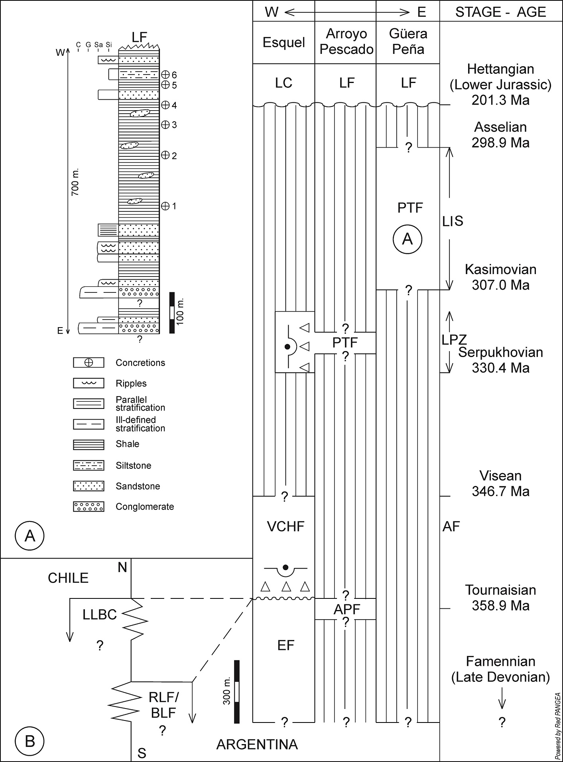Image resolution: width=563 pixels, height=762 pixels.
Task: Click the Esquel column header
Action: coord(283,42)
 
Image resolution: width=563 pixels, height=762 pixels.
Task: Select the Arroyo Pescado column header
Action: coord(346,41)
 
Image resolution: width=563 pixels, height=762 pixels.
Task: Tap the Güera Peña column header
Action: coord(408,41)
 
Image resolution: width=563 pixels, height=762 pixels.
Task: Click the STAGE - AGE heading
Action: coord(500,12)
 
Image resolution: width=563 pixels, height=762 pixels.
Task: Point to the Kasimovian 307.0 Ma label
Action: coord(500,277)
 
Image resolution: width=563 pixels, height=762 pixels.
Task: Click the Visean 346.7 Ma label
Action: coord(500,484)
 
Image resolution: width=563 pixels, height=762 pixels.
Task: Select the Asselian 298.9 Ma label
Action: coord(500,135)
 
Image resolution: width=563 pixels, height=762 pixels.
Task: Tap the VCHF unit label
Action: coord(285,526)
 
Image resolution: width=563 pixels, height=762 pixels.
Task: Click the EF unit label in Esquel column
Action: coord(285,645)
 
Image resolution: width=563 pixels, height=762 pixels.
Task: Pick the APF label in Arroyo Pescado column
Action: coord(346,609)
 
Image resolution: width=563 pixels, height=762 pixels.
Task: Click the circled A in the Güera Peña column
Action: coord(407,239)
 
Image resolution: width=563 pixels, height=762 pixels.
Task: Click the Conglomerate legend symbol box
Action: coord(89,507)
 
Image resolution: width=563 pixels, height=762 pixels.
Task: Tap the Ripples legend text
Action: coord(131,383)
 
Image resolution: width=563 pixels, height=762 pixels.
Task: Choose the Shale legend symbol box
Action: coord(89,444)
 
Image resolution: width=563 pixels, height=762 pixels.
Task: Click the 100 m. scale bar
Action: coord(172,313)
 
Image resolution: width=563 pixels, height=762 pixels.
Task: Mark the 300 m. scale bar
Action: coord(237,692)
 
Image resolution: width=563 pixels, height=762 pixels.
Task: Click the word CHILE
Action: coord(68,578)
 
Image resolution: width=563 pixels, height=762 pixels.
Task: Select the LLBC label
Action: coord(100,615)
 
